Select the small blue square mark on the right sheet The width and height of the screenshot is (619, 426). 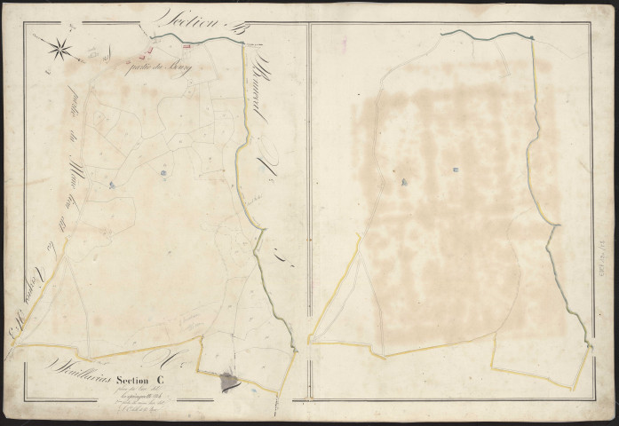coord(456,170)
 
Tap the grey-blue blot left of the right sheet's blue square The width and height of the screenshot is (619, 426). coord(404,182)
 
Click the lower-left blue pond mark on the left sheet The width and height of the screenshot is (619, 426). coord(112,184)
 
